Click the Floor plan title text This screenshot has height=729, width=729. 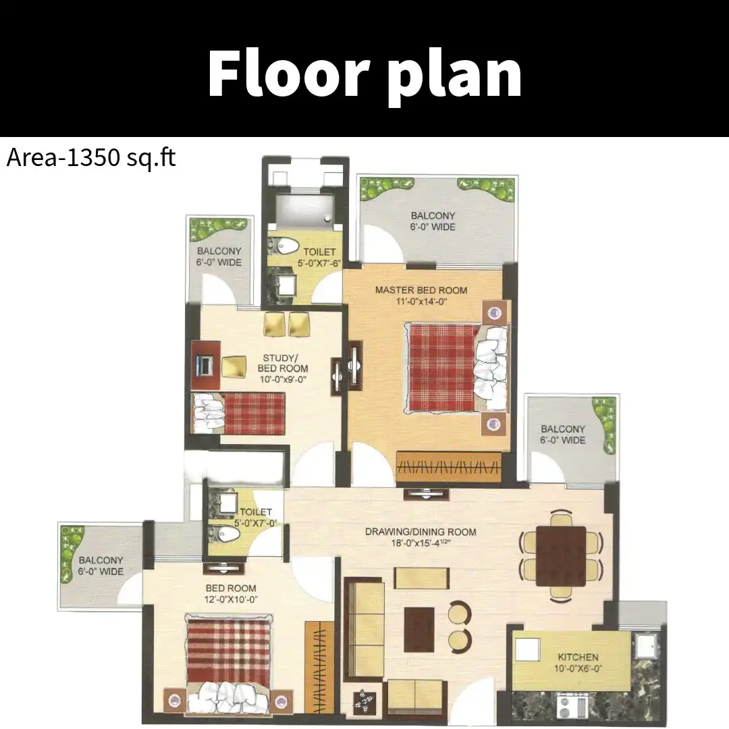pyautogui.click(x=365, y=74)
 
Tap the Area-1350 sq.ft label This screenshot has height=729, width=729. pyautogui.click(x=91, y=157)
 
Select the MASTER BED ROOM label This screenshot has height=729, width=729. pyautogui.click(x=421, y=296)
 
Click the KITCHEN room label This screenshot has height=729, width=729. pyautogui.click(x=578, y=663)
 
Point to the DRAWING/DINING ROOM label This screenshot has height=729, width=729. pyautogui.click(x=421, y=537)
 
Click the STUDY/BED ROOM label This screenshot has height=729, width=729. pyautogui.click(x=283, y=369)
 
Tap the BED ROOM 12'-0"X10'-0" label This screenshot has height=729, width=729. pyautogui.click(x=231, y=594)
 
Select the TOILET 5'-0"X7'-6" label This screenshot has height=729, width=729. pyautogui.click(x=319, y=257)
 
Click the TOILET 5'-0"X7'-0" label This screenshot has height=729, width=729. pyautogui.click(x=255, y=518)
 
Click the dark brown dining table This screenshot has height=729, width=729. pyautogui.click(x=561, y=556)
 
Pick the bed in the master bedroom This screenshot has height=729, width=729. pyautogui.click(x=458, y=369)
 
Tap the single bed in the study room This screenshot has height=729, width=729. pyautogui.click(x=238, y=413)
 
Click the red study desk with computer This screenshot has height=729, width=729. pyautogui.click(x=205, y=365)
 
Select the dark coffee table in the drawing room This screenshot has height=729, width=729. pyautogui.click(x=419, y=630)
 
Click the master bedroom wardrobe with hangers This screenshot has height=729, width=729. pyautogui.click(x=449, y=467)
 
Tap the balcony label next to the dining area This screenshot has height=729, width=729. pyautogui.click(x=562, y=434)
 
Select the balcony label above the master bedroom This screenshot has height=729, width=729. pyautogui.click(x=433, y=221)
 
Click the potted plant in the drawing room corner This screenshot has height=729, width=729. pyautogui.click(x=364, y=703)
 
